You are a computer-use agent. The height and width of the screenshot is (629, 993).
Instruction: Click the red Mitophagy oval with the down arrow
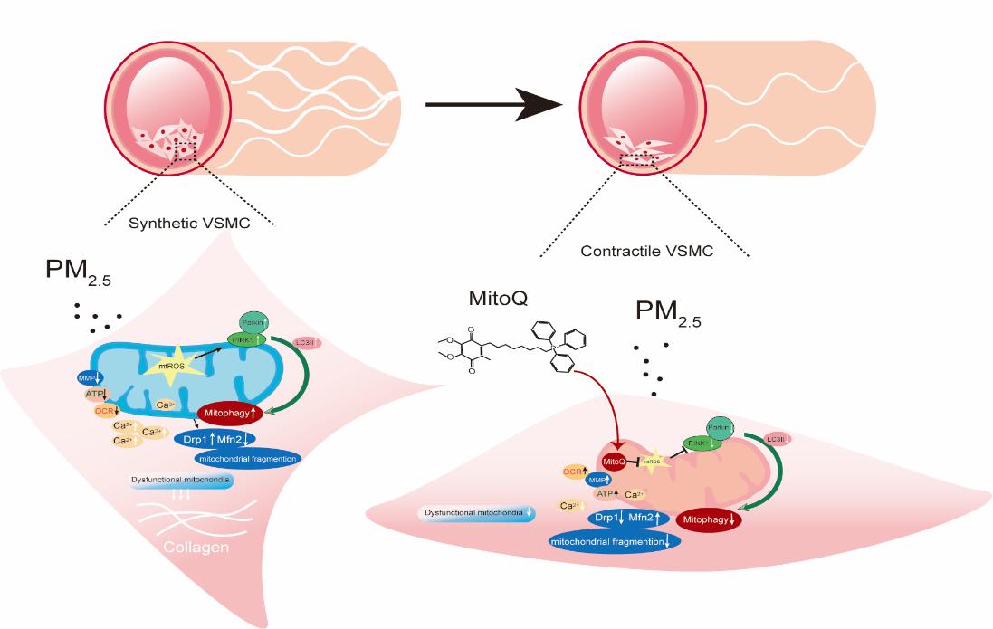[709, 520]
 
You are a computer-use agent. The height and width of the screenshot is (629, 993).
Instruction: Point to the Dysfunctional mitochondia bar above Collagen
[181, 481]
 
